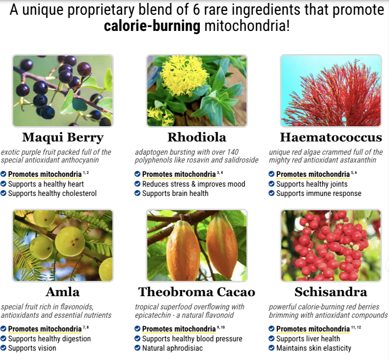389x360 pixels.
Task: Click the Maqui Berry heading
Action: click(x=63, y=138)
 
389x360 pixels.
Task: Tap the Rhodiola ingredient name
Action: click(x=197, y=137)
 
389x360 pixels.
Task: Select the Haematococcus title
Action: click(x=331, y=137)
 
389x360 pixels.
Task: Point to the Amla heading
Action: click(x=63, y=292)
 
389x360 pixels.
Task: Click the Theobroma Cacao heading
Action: click(x=197, y=292)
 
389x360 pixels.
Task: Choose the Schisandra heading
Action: click(x=331, y=292)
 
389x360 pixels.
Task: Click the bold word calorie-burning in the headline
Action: click(x=152, y=26)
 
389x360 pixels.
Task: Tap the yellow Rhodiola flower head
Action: click(x=184, y=76)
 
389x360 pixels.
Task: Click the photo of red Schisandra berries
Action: click(x=331, y=246)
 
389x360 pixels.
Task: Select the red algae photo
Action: click(x=331, y=91)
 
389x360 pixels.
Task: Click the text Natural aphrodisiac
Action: click(x=172, y=348)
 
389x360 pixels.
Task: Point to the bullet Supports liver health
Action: click(x=308, y=339)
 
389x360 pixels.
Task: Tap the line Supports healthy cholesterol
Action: click(x=53, y=194)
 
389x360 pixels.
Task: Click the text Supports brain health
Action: click(x=175, y=194)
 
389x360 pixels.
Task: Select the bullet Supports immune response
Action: click(x=319, y=194)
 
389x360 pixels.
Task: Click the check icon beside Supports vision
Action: click(x=3, y=348)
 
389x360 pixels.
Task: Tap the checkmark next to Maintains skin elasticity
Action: click(x=272, y=348)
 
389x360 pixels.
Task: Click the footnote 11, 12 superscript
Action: click(x=356, y=327)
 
